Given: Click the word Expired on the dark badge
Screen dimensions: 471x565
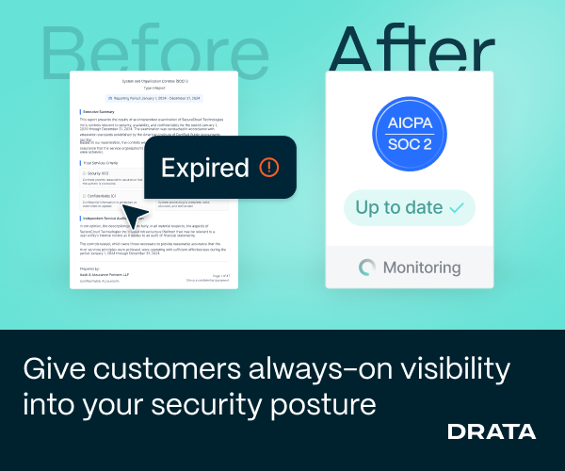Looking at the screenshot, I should click(x=204, y=169).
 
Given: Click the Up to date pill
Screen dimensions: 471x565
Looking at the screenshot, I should click(x=410, y=207).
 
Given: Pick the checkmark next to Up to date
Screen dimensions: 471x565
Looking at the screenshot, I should click(x=458, y=207).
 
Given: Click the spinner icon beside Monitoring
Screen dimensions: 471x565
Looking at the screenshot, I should click(x=367, y=268).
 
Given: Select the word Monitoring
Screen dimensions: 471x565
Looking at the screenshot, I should click(x=421, y=268).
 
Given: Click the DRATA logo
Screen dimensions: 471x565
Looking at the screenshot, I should click(x=492, y=432).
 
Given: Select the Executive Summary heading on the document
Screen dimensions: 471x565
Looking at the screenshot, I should click(x=100, y=112).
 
